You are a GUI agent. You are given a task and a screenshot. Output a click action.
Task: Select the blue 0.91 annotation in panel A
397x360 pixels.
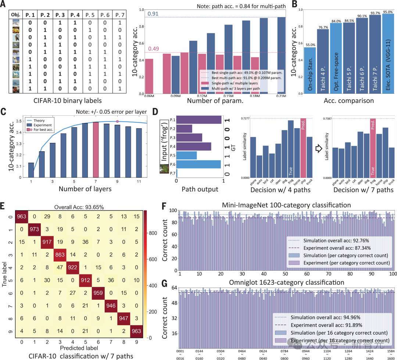pos(153,14)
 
